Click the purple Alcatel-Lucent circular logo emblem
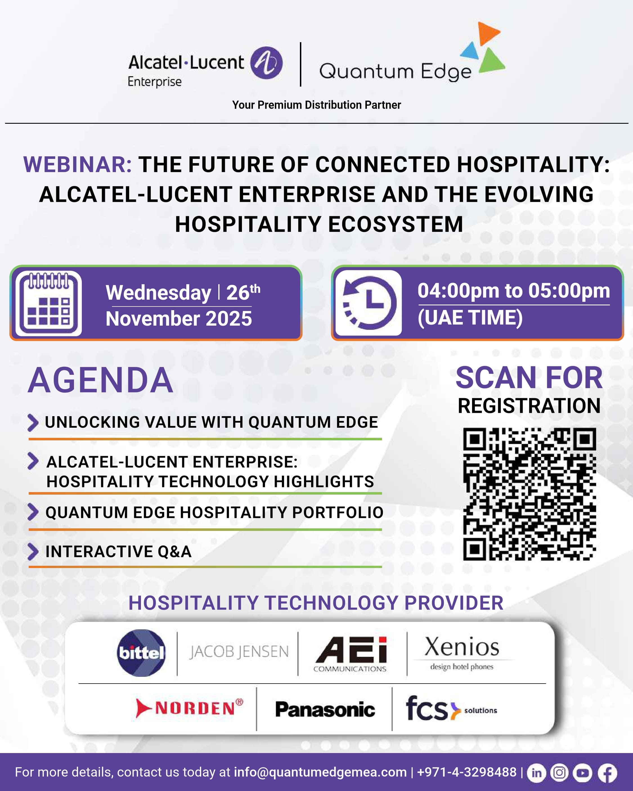[266, 63]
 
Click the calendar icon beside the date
[48, 303]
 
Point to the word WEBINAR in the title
[77, 164]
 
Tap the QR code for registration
[529, 494]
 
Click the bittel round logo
[141, 653]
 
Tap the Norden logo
[189, 708]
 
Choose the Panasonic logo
[325, 709]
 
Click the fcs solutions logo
[451, 708]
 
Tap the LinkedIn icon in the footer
[537, 773]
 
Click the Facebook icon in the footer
[607, 773]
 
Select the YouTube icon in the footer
[583, 773]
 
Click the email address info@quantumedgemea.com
[320, 772]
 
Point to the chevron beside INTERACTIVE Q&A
[33, 551]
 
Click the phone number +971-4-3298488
[467, 772]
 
